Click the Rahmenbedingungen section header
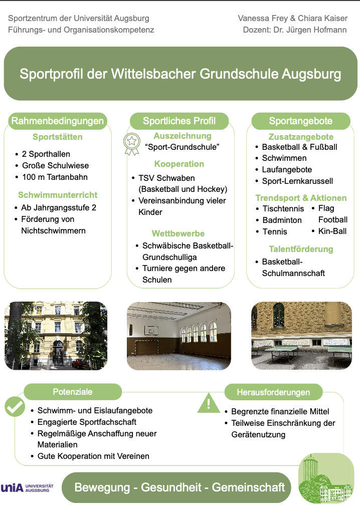coord(58,121)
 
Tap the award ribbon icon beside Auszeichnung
coord(131,144)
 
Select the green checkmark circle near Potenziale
coord(15,407)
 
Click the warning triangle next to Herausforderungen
coord(209,403)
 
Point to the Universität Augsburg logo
coord(27,488)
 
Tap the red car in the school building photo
coord(80,363)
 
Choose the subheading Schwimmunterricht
coord(58,195)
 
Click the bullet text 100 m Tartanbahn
coord(55,177)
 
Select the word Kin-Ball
coord(332,231)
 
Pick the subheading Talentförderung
coord(301,249)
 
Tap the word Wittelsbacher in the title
coord(153,74)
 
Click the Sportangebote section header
coord(301,121)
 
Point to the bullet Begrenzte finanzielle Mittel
coord(280,412)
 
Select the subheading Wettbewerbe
coord(178,233)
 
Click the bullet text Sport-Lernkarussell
coord(297,181)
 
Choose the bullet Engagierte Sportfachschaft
coord(87,422)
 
